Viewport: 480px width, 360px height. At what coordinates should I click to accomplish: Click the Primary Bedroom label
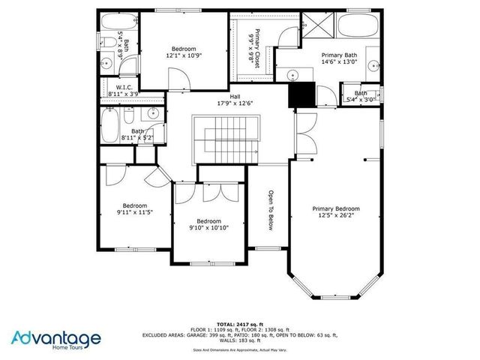335,208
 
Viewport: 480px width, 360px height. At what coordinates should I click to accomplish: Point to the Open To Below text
268,209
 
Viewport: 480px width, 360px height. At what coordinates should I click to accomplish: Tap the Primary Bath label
339,55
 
